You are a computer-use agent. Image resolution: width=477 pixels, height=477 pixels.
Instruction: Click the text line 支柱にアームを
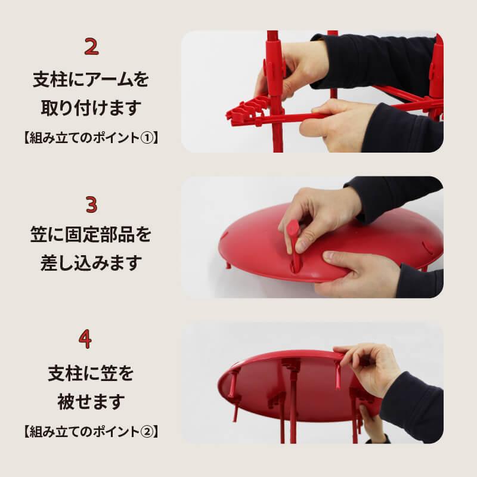click(91, 79)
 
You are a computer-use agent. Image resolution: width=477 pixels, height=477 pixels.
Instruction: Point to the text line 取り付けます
click(91, 109)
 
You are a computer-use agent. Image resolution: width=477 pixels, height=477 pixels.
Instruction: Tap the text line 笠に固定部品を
click(91, 234)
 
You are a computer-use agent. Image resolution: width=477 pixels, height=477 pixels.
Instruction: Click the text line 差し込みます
click(91, 263)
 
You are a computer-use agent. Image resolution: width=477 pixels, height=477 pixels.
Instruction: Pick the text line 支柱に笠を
click(91, 374)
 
